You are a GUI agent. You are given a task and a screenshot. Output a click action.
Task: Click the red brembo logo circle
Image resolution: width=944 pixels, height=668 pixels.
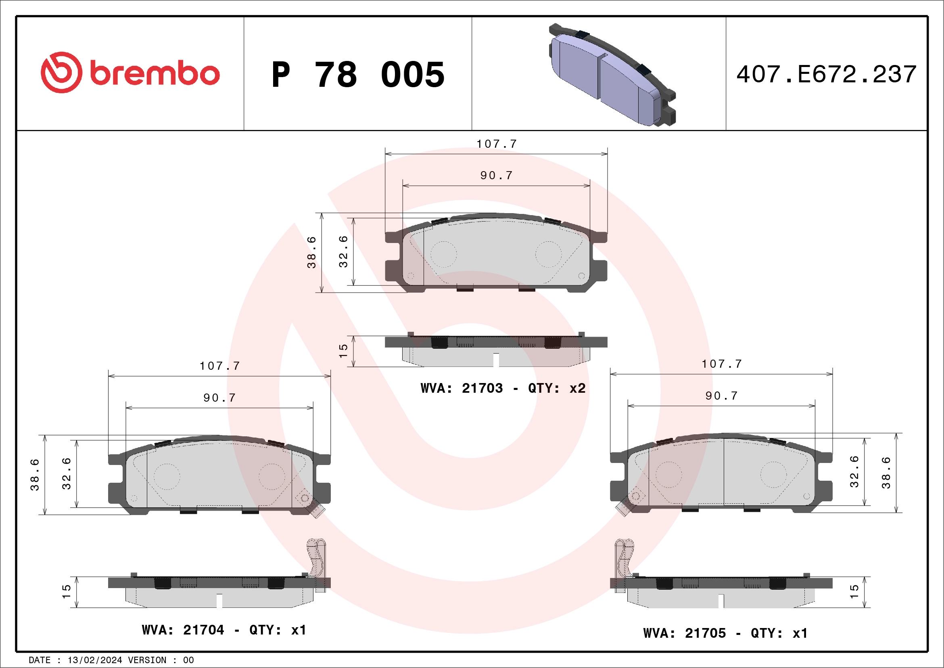pos(61,72)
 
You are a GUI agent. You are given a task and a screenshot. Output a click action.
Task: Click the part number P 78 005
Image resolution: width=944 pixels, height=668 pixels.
pos(358,74)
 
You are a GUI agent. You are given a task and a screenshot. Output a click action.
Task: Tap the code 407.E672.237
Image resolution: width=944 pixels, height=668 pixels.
pos(827,74)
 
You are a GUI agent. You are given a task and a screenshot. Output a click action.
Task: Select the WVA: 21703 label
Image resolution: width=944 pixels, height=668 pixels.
pos(462,388)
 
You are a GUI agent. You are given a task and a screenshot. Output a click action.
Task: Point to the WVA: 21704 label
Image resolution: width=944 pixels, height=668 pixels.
pos(183,630)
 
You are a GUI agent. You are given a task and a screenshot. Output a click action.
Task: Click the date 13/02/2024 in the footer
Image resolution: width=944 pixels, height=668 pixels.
pos(94,660)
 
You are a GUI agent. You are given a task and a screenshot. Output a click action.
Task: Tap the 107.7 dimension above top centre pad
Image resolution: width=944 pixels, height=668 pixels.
pos(497,144)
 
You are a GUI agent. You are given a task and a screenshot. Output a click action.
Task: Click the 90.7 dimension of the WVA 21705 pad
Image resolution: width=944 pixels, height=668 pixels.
pos(722,396)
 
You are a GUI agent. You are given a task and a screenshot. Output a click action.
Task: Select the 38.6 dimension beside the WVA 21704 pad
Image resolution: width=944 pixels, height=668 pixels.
pos(35,475)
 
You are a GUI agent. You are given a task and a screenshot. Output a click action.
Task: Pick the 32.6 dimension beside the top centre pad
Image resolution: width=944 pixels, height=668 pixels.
pos(343,252)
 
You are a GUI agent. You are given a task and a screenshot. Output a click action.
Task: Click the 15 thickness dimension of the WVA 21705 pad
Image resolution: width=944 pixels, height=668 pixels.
pos(854,591)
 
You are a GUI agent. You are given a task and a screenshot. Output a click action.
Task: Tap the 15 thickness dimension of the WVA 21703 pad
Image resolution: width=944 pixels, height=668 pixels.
pos(343,351)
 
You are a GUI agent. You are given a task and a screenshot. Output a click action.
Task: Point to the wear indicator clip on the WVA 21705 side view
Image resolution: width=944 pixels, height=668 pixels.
pos(623,563)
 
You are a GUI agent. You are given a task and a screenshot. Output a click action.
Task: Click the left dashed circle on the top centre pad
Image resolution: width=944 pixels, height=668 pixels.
pos(443,255)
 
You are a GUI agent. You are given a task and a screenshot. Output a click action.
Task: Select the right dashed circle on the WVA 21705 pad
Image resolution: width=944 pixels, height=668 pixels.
pos(773,475)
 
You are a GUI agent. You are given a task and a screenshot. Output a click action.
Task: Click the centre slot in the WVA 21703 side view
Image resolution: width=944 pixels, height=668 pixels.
pos(496,360)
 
